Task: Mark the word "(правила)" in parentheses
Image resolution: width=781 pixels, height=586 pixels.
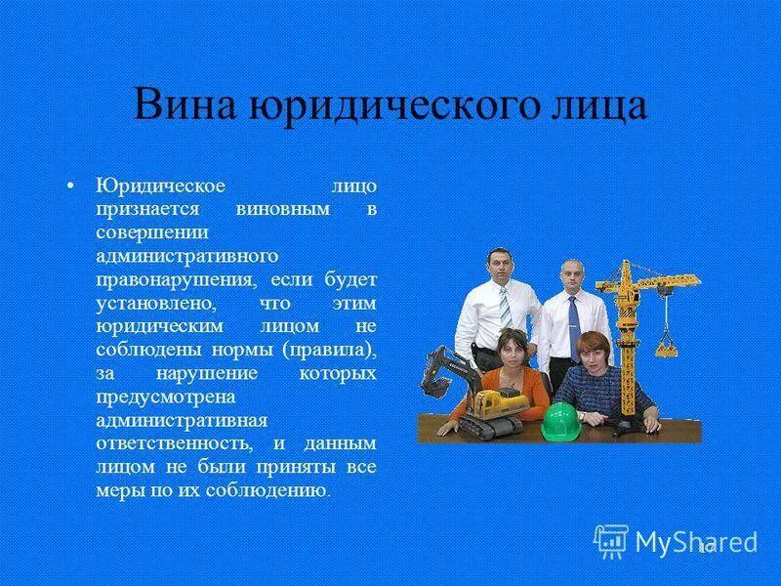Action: coord(329,350)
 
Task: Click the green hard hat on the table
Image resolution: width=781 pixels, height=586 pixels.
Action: coord(560,421)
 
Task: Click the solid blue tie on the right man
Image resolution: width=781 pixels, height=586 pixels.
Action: coord(573,317)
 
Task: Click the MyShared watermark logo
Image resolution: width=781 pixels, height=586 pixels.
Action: coord(676,540)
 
